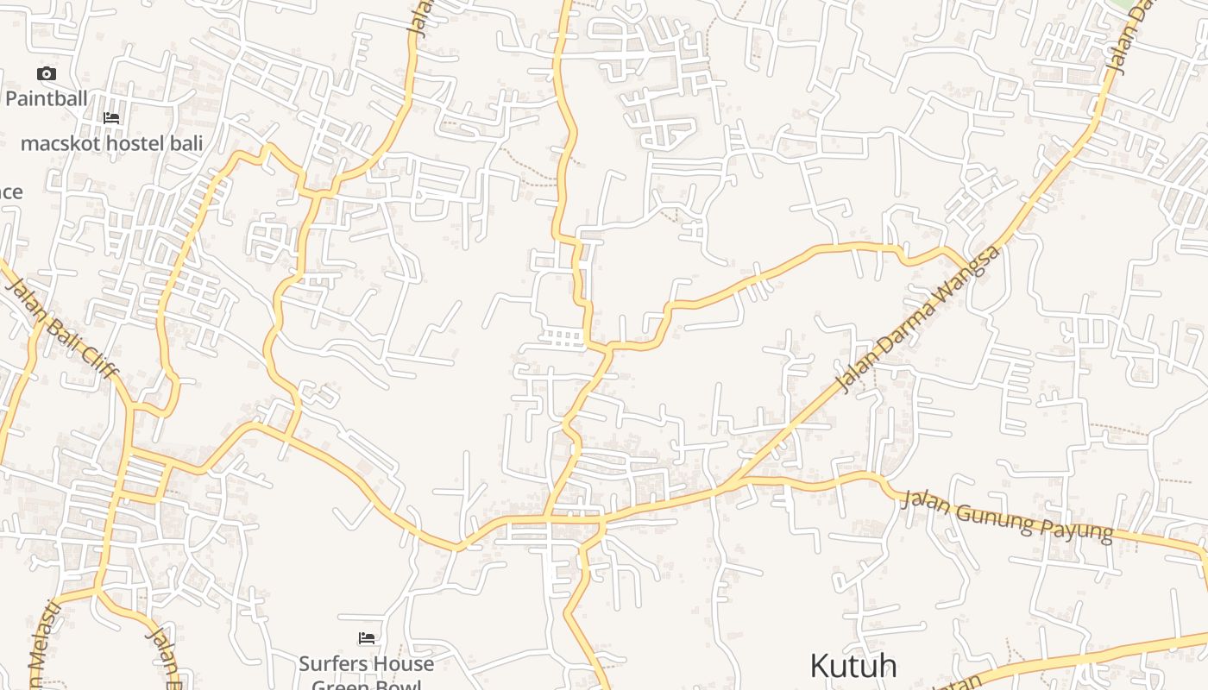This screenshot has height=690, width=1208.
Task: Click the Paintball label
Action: click(x=47, y=98)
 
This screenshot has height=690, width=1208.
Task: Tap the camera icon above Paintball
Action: click(x=47, y=74)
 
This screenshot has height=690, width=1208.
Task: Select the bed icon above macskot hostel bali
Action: click(x=111, y=118)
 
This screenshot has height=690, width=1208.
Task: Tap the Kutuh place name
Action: click(x=853, y=666)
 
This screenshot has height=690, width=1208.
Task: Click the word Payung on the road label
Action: click(x=1079, y=527)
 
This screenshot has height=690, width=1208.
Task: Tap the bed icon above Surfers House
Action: click(x=367, y=639)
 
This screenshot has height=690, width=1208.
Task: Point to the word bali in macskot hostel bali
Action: click(x=183, y=143)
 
